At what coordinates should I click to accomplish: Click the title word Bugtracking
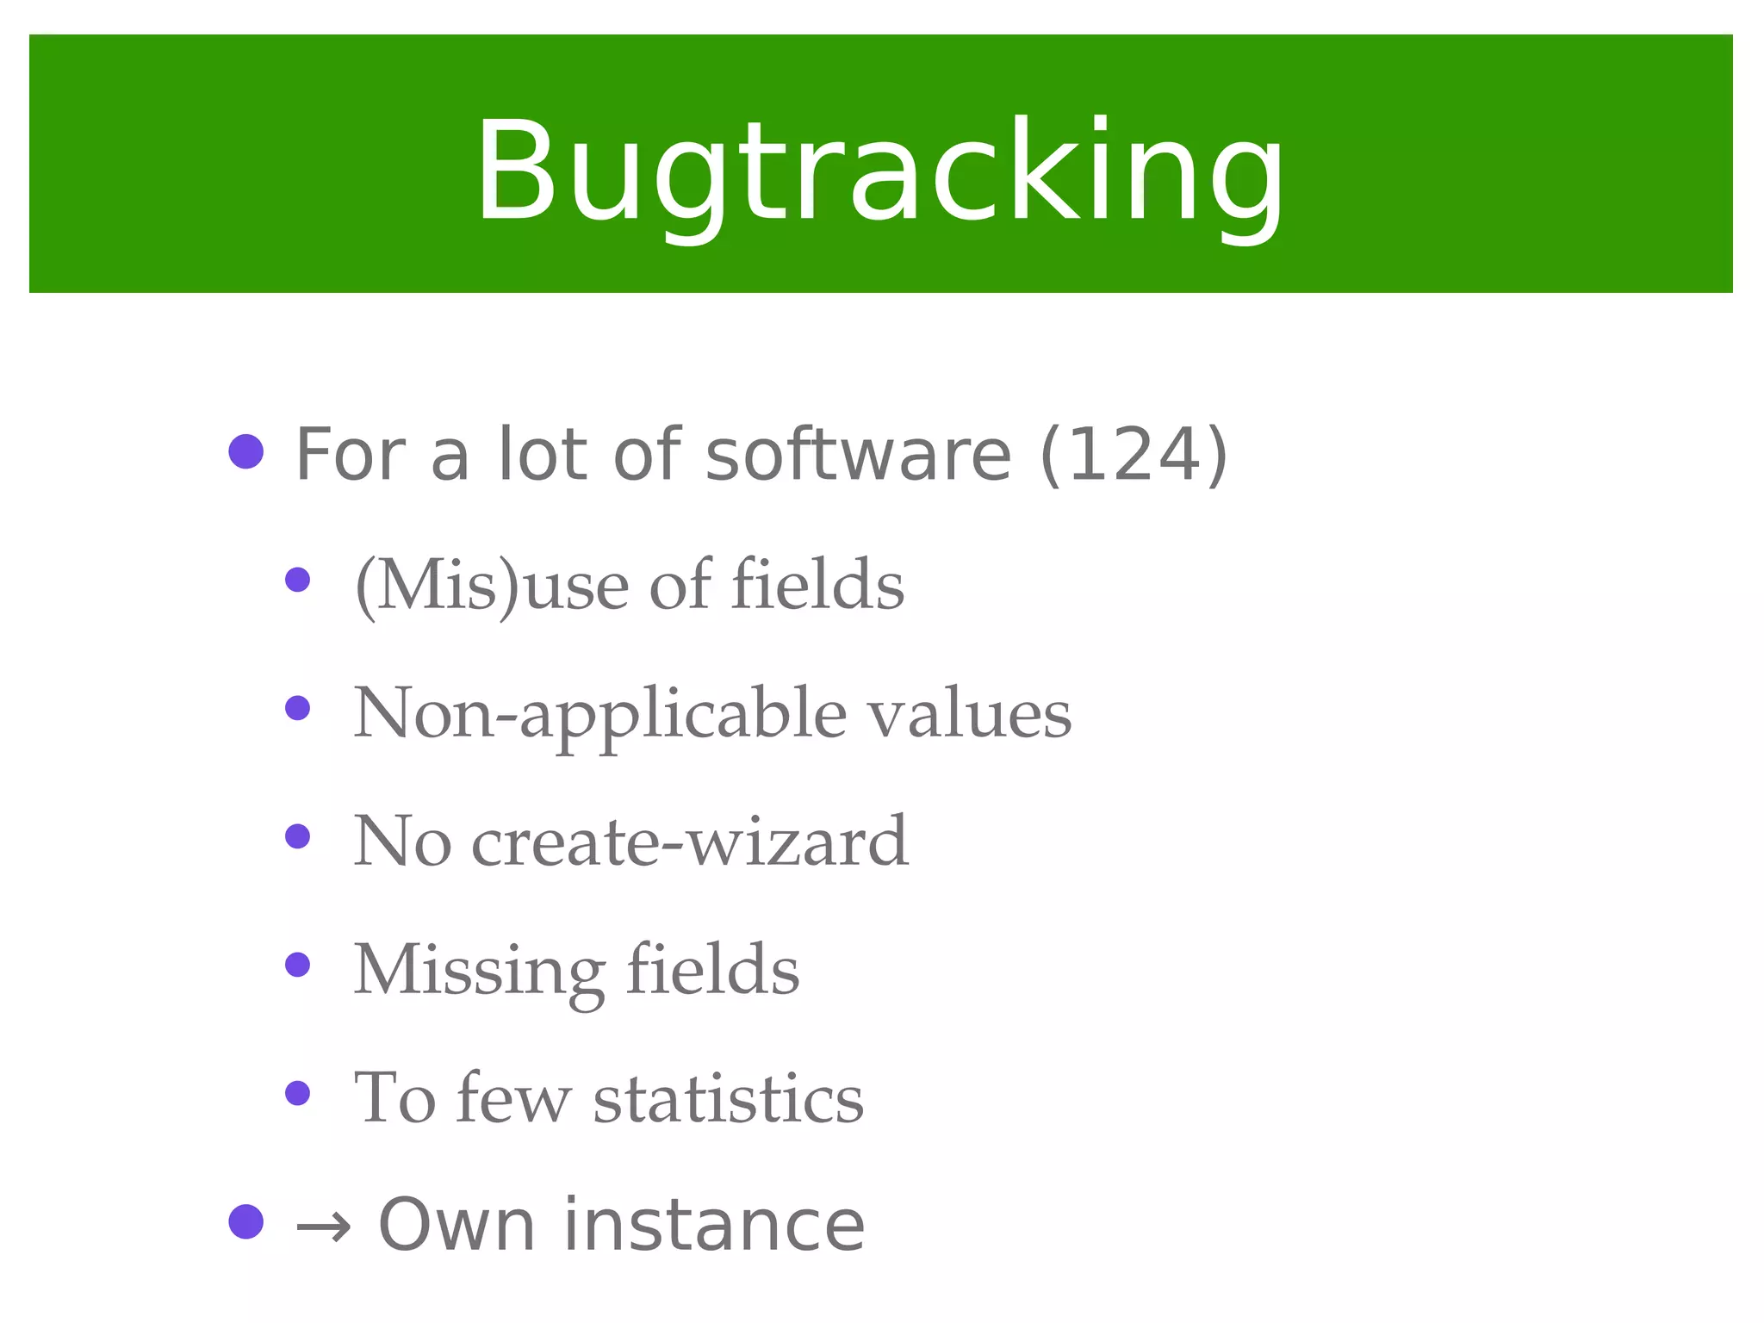tap(880, 172)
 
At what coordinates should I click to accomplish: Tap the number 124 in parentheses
tap(1134, 454)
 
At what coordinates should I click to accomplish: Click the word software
tap(858, 454)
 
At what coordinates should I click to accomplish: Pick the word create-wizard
tap(689, 842)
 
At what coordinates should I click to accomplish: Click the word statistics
tap(728, 1099)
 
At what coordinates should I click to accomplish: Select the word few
tap(512, 1099)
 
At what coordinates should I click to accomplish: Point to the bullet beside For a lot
tap(246, 451)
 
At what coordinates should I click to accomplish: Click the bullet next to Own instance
tap(246, 1221)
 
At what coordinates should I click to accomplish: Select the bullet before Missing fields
tap(297, 965)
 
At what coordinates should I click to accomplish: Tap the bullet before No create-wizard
tap(297, 836)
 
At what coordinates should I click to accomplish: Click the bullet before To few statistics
tap(297, 1093)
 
